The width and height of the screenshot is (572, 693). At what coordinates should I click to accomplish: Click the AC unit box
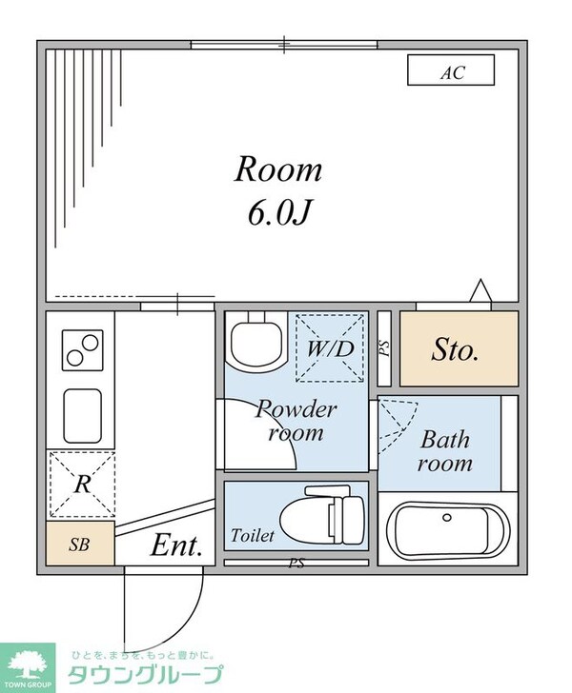click(451, 69)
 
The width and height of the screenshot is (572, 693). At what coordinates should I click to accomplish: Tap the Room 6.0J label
click(278, 190)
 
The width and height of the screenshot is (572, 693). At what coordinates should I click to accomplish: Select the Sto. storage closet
click(459, 348)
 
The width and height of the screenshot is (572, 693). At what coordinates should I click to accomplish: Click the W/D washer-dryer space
click(330, 347)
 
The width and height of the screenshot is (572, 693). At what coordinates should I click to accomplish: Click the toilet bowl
click(323, 516)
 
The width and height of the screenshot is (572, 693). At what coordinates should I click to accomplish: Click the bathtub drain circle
click(447, 517)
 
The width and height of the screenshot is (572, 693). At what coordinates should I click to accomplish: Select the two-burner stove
click(82, 350)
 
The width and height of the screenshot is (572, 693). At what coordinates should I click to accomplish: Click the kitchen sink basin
click(82, 416)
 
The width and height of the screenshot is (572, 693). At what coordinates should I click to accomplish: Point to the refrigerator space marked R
click(82, 485)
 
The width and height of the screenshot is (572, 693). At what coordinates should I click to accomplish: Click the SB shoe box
click(80, 544)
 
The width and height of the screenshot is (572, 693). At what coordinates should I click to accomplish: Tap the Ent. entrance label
click(176, 545)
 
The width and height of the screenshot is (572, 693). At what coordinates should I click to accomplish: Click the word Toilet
click(253, 536)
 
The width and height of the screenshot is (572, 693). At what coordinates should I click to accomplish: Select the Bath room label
click(444, 451)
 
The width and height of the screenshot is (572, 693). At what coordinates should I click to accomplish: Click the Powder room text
click(296, 420)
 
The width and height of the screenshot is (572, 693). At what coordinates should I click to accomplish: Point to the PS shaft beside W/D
click(384, 348)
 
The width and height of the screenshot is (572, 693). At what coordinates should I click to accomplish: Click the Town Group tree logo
click(28, 668)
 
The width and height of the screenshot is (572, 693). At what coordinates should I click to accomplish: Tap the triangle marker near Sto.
click(480, 291)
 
